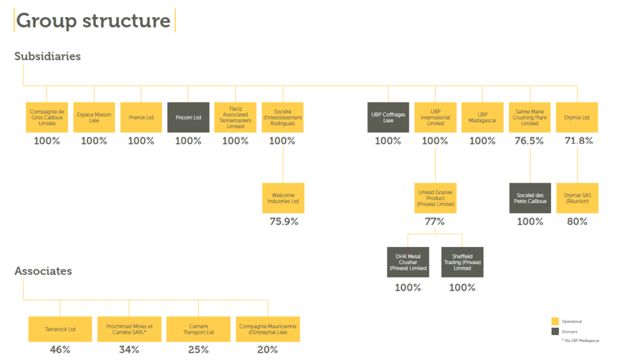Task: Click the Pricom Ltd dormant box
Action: pyautogui.click(x=188, y=117)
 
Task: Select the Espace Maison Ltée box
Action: pyautogui.click(x=94, y=117)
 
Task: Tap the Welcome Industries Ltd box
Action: pyautogui.click(x=283, y=198)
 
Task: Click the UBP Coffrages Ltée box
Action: pyautogui.click(x=388, y=117)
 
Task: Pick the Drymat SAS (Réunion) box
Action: pyautogui.click(x=577, y=198)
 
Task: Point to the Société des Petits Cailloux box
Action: pyautogui.click(x=530, y=198)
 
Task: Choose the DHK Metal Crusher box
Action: pyautogui.click(x=408, y=262)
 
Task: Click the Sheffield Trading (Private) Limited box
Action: pyautogui.click(x=462, y=262)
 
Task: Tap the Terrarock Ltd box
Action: pyautogui.click(x=60, y=330)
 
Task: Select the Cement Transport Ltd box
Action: pyautogui.click(x=199, y=330)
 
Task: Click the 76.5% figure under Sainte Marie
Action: pyautogui.click(x=530, y=141)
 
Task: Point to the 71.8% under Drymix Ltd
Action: pyautogui.click(x=577, y=141)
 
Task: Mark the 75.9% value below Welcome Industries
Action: pyautogui.click(x=283, y=222)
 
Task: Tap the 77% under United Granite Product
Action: pyautogui.click(x=435, y=222)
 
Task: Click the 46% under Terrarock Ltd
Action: pyautogui.click(x=60, y=350)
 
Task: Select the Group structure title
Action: pyautogui.click(x=93, y=21)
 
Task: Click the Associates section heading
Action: pyautogui.click(x=43, y=271)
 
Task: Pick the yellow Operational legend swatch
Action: pyautogui.click(x=555, y=321)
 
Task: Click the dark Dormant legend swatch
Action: pyautogui.click(x=555, y=331)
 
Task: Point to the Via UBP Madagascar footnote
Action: pyautogui.click(x=581, y=341)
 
